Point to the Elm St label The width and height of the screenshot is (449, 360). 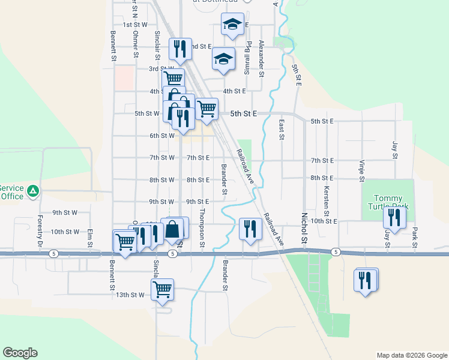click(x=90, y=237)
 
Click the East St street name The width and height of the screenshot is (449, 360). click(x=281, y=129)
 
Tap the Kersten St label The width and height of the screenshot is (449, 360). click(x=326, y=200)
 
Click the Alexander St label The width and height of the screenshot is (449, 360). click(x=261, y=59)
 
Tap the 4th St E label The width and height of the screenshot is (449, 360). click(x=234, y=91)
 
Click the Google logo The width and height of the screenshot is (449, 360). click(x=20, y=353)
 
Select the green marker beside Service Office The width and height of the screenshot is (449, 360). click(x=34, y=191)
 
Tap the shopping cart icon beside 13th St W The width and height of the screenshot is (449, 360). click(x=163, y=289)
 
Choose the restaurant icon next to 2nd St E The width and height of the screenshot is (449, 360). click(x=180, y=49)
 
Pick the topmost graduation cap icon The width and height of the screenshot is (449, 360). click(x=232, y=24)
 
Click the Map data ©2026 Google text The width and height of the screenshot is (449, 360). click(x=411, y=355)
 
